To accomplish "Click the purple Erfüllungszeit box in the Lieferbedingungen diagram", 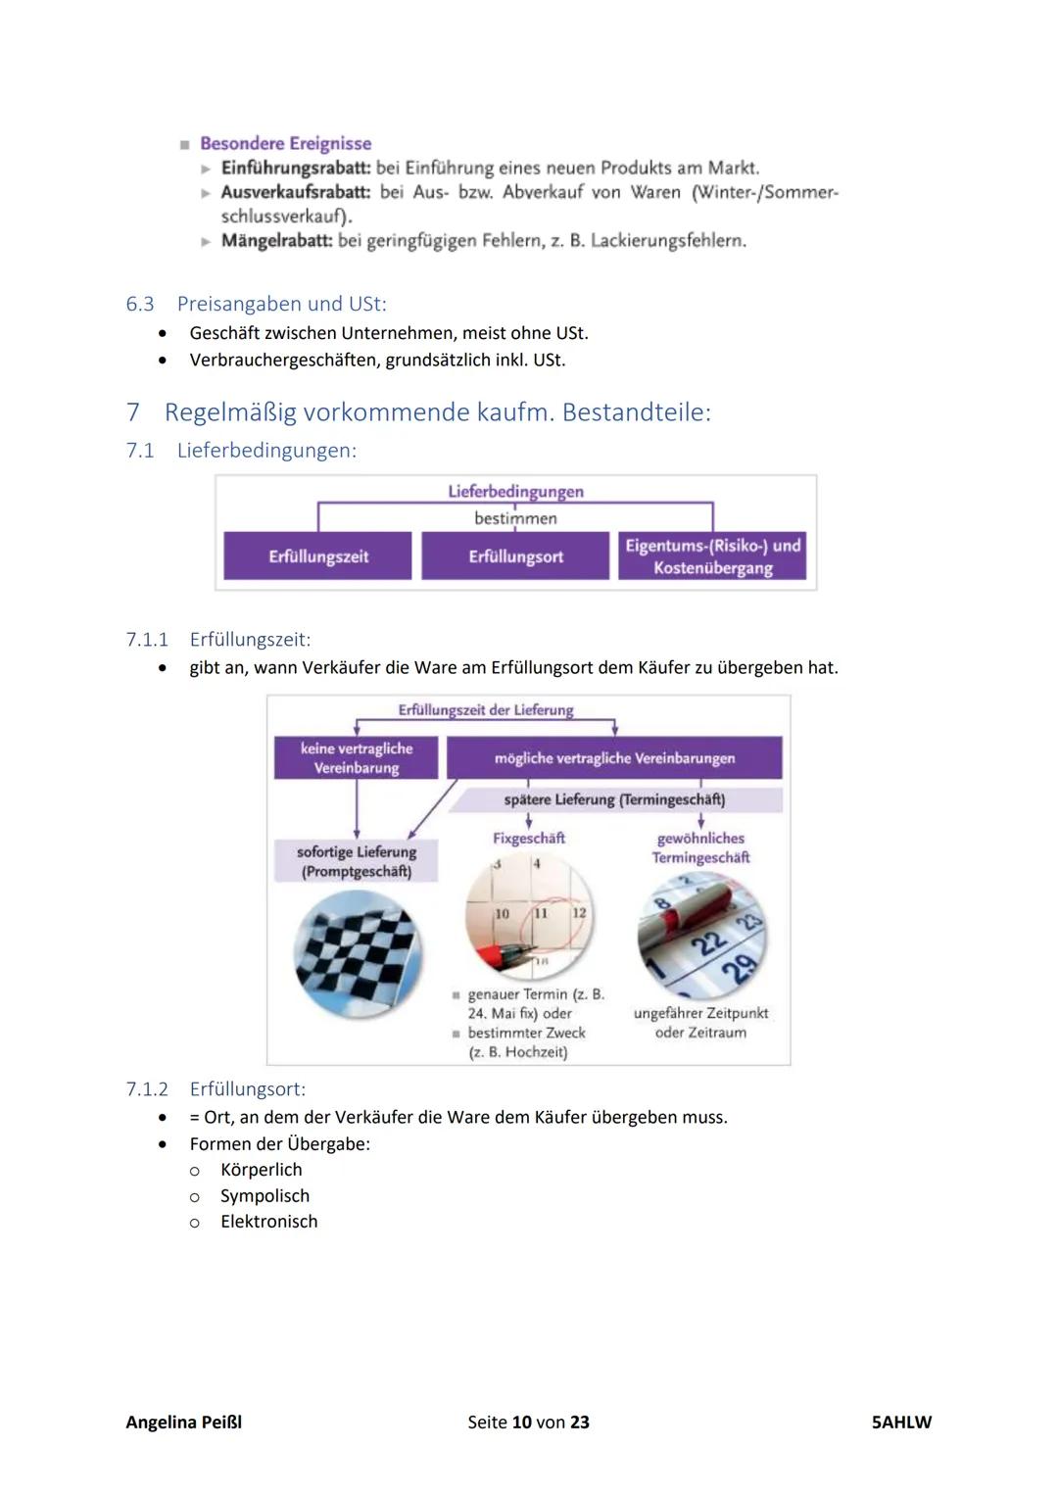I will (317, 556).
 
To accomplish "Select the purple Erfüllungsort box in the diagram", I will (515, 556).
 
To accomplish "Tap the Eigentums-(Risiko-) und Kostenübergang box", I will (712, 556).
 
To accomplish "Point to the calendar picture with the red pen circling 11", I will (530, 917).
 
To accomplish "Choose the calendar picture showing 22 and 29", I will (701, 936).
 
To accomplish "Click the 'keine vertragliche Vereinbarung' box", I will (356, 758).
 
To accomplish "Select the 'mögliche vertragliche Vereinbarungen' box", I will (614, 758).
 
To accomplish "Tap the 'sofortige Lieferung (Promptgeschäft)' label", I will (356, 861).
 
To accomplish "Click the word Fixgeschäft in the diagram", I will (529, 839).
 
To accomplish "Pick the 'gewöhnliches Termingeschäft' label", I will (700, 847).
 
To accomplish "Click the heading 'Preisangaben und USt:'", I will (281, 304).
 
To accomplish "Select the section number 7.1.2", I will (147, 1089).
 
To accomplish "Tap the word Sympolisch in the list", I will (264, 1196).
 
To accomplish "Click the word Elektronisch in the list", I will (268, 1222).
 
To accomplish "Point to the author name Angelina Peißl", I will (183, 1423).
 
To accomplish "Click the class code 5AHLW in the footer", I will (901, 1423).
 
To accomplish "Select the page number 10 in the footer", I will (521, 1423).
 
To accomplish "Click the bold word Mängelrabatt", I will (276, 240).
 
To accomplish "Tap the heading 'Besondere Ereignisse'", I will (285, 144).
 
